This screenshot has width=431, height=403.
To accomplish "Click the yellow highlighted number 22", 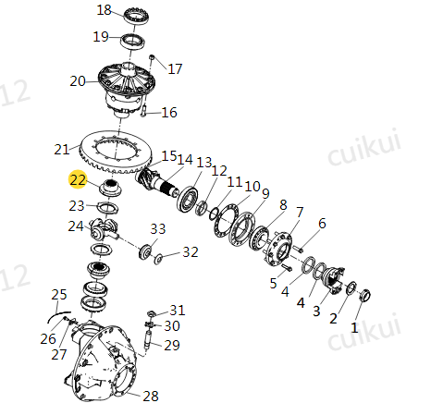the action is [x=78, y=179].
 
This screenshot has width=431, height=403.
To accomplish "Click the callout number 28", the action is [x=151, y=396].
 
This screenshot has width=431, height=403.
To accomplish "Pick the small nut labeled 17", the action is [x=152, y=57].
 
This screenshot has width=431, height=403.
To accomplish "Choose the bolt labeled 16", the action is [x=144, y=111].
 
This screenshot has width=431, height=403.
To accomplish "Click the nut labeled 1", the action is [x=365, y=295].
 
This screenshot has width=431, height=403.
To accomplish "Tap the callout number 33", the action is [x=158, y=228].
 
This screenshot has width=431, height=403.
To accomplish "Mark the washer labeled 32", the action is [x=158, y=259].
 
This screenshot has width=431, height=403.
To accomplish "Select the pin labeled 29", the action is [x=148, y=339].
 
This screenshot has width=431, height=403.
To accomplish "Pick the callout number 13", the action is [x=204, y=163].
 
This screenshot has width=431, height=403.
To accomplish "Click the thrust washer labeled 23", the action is [x=107, y=208].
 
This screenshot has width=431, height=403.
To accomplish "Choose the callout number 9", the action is [x=265, y=193].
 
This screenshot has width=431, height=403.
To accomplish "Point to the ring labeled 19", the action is [x=133, y=42].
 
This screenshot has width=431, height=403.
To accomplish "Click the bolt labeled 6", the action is [x=298, y=248].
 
